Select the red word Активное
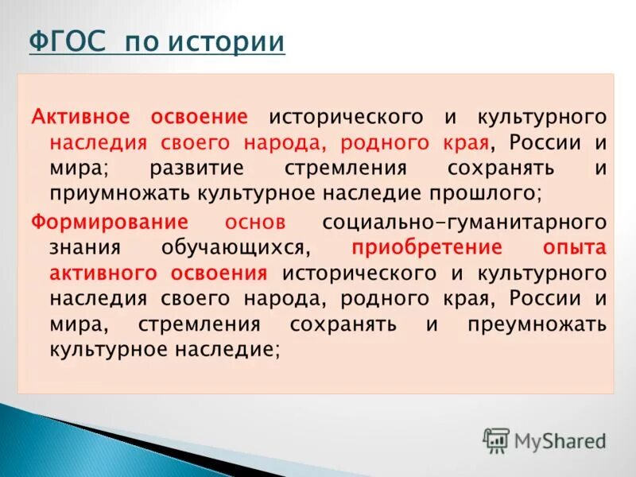[81, 117]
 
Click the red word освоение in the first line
[200, 117]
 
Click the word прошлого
[491, 194]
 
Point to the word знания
[81, 247]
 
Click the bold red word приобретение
[427, 247]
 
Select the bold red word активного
[106, 273]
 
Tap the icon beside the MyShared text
[496, 440]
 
